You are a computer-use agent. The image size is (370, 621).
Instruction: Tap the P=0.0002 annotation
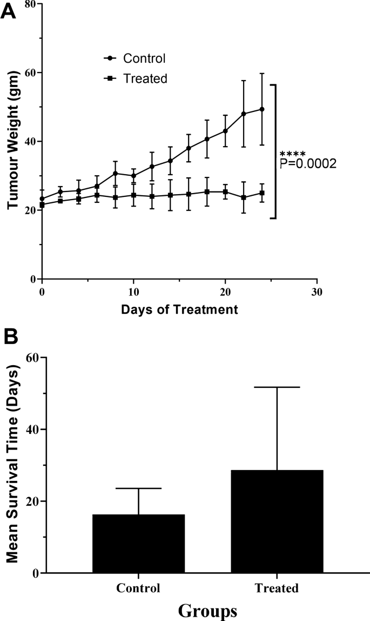point(308,163)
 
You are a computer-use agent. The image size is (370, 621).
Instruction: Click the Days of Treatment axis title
point(179,310)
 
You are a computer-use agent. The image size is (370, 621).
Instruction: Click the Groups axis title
point(207,611)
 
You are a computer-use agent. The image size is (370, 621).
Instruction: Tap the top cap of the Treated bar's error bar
point(277,387)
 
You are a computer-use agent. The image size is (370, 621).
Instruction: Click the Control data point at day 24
point(262,109)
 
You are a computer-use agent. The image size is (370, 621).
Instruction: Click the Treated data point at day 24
point(262,193)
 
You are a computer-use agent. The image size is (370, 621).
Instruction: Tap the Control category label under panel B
point(139,588)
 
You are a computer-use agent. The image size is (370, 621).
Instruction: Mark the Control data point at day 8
point(116,173)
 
